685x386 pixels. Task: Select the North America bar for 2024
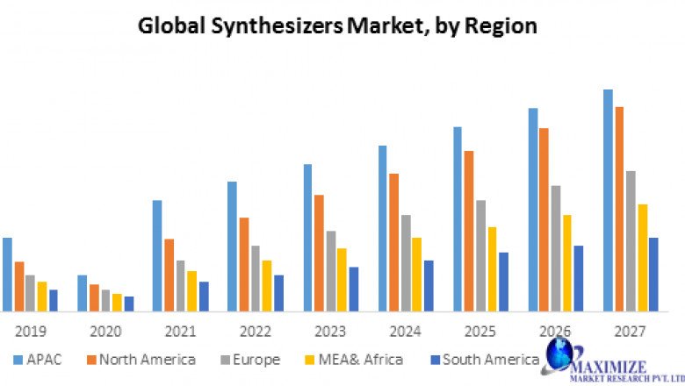(393, 242)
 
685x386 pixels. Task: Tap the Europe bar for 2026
(555, 248)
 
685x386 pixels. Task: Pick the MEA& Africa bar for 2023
(342, 280)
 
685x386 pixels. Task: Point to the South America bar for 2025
(503, 282)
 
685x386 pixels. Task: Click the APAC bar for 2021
(157, 255)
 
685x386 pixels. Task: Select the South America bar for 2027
(653, 274)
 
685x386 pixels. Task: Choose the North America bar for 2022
(244, 264)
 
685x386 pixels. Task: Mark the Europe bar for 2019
(30, 293)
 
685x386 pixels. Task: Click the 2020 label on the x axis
(105, 332)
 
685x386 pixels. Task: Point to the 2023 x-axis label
(330, 332)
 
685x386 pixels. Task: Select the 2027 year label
(630, 332)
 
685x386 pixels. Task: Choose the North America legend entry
(140, 359)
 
